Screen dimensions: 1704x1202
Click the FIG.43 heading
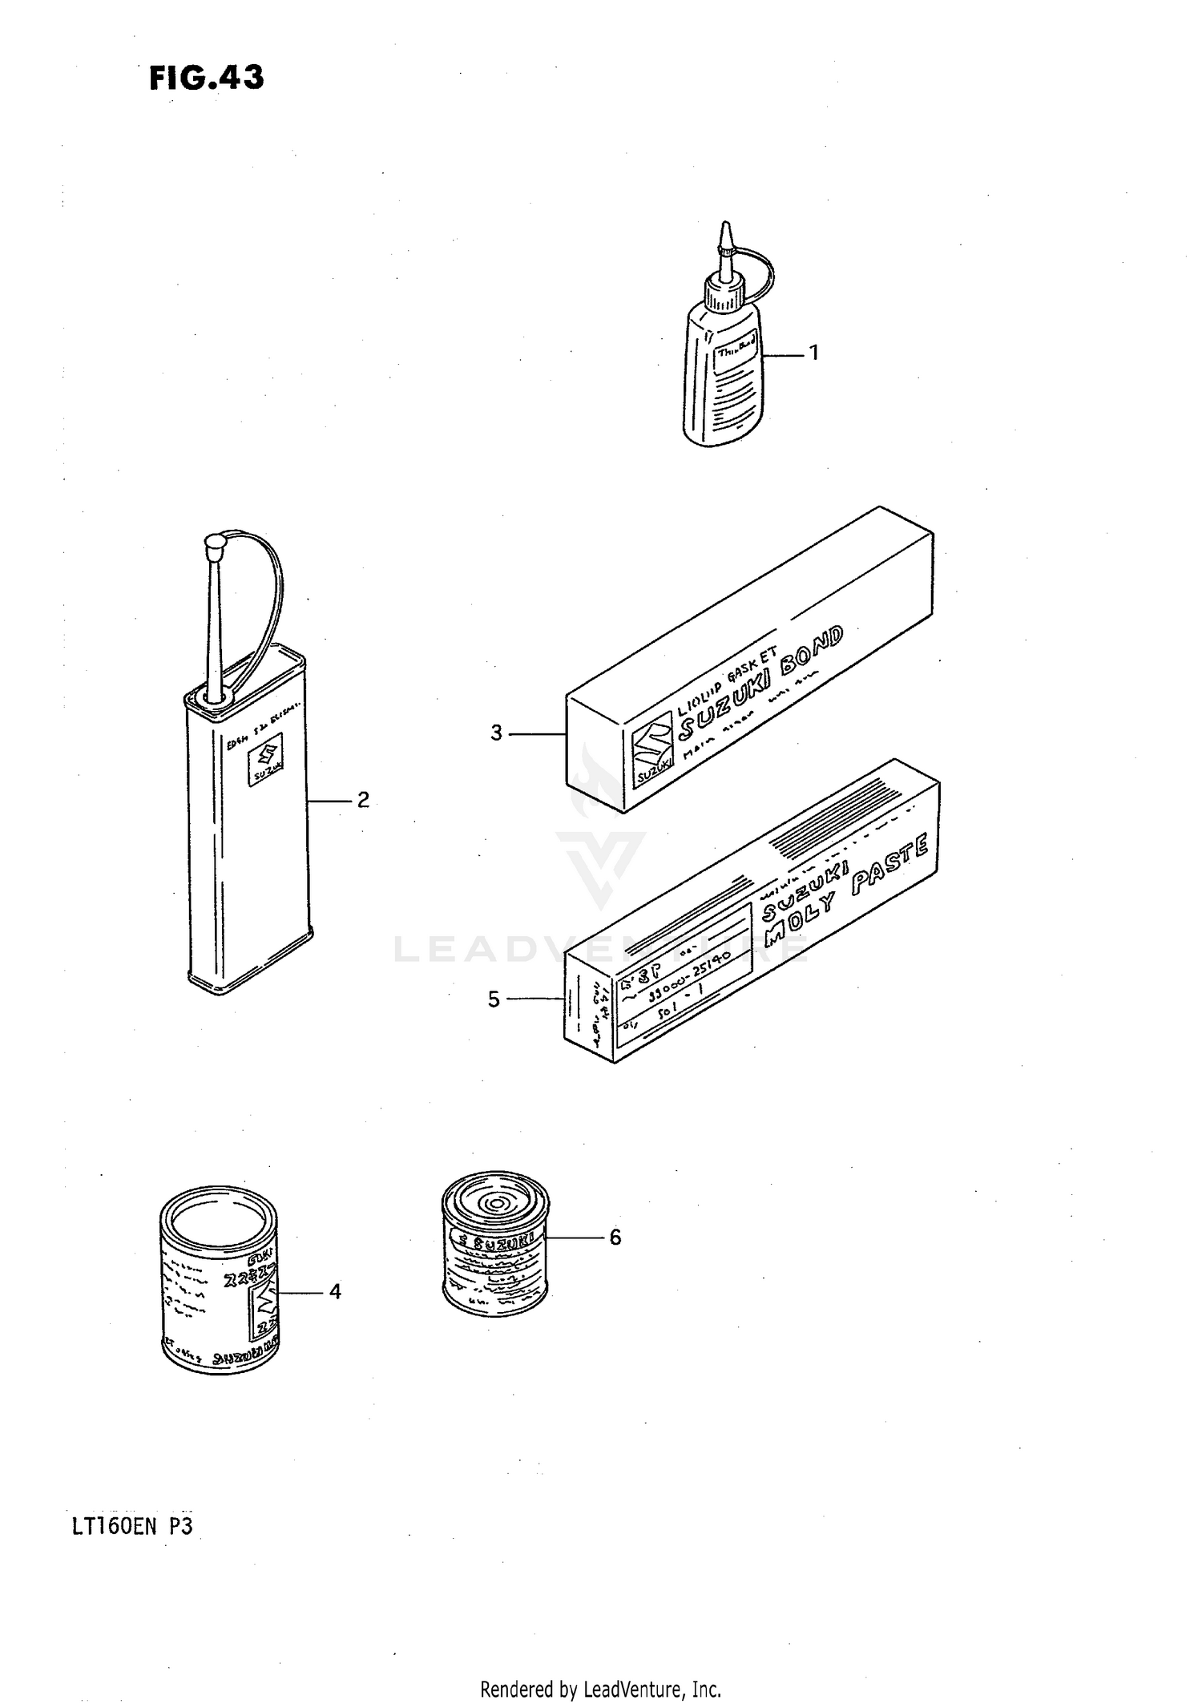(x=206, y=79)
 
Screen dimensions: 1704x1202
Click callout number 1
(x=814, y=353)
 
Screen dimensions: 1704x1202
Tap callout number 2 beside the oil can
(x=363, y=800)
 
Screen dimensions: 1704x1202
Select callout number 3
(x=497, y=733)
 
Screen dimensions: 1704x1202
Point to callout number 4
(x=335, y=1291)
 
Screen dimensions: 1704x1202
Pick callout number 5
(x=494, y=999)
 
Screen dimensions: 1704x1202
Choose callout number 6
(x=615, y=1238)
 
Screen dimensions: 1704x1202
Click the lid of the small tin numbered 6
(x=494, y=1205)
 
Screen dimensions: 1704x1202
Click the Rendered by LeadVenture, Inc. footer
(x=600, y=1689)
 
